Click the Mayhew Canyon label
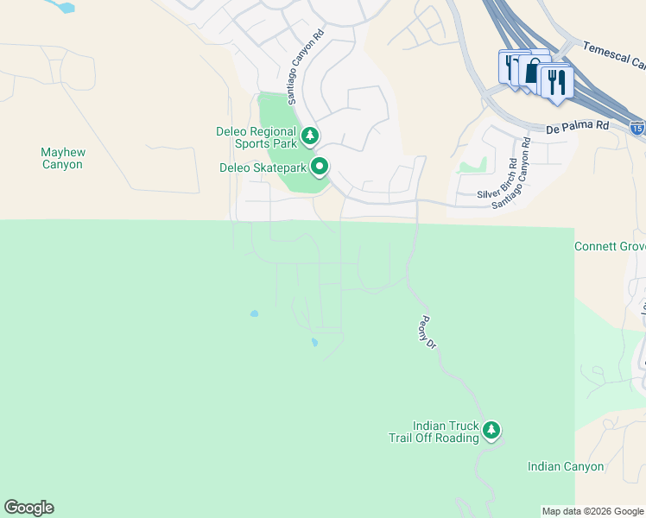coord(62,158)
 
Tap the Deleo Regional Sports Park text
coord(256,137)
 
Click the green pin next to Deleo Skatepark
coord(320,166)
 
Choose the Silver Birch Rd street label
coord(499,179)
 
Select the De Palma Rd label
coord(578,125)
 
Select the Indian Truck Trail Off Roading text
coord(446,432)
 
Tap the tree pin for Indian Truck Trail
coord(491,428)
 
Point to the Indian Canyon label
coord(566,466)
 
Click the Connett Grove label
coord(610,247)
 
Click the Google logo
coord(28,508)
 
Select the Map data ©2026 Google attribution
coord(592,511)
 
